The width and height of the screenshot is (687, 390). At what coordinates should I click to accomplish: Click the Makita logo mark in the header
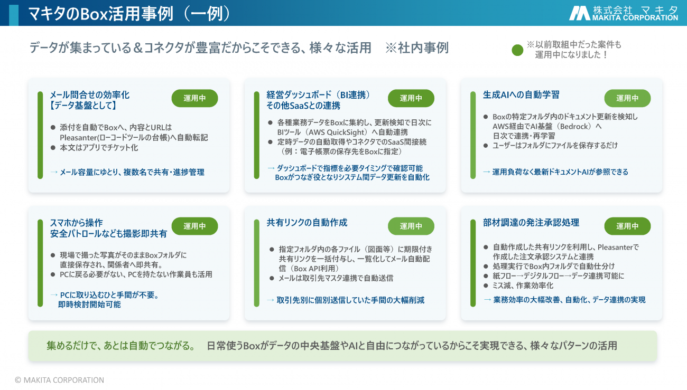click(579, 14)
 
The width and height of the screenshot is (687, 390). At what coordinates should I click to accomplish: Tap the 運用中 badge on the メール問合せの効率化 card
click(194, 98)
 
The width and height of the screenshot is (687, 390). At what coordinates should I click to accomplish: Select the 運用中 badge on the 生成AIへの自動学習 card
click(627, 98)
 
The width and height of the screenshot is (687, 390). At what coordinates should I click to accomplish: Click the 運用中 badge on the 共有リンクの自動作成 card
click(411, 226)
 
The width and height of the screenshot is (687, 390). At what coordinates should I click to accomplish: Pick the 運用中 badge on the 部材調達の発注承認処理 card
click(627, 226)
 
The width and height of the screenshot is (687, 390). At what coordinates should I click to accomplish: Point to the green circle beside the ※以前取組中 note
click(517, 50)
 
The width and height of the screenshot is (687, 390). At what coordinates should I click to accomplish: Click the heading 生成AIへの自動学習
click(521, 94)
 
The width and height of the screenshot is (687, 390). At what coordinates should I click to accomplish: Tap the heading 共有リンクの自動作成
click(307, 222)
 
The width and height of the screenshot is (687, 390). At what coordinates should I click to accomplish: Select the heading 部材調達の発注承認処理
click(531, 222)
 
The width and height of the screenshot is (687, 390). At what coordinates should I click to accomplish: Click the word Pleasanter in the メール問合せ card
click(78, 138)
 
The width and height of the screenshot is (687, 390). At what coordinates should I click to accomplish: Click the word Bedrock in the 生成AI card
click(573, 126)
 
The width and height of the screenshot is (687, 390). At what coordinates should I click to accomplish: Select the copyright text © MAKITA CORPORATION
click(60, 380)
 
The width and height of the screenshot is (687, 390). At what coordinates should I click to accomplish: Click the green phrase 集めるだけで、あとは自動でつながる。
click(121, 346)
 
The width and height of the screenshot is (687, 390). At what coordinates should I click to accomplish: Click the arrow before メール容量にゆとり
click(54, 172)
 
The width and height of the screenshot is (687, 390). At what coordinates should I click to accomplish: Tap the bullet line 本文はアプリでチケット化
click(99, 148)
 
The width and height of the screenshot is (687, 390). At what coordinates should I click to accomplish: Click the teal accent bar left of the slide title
click(14, 15)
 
